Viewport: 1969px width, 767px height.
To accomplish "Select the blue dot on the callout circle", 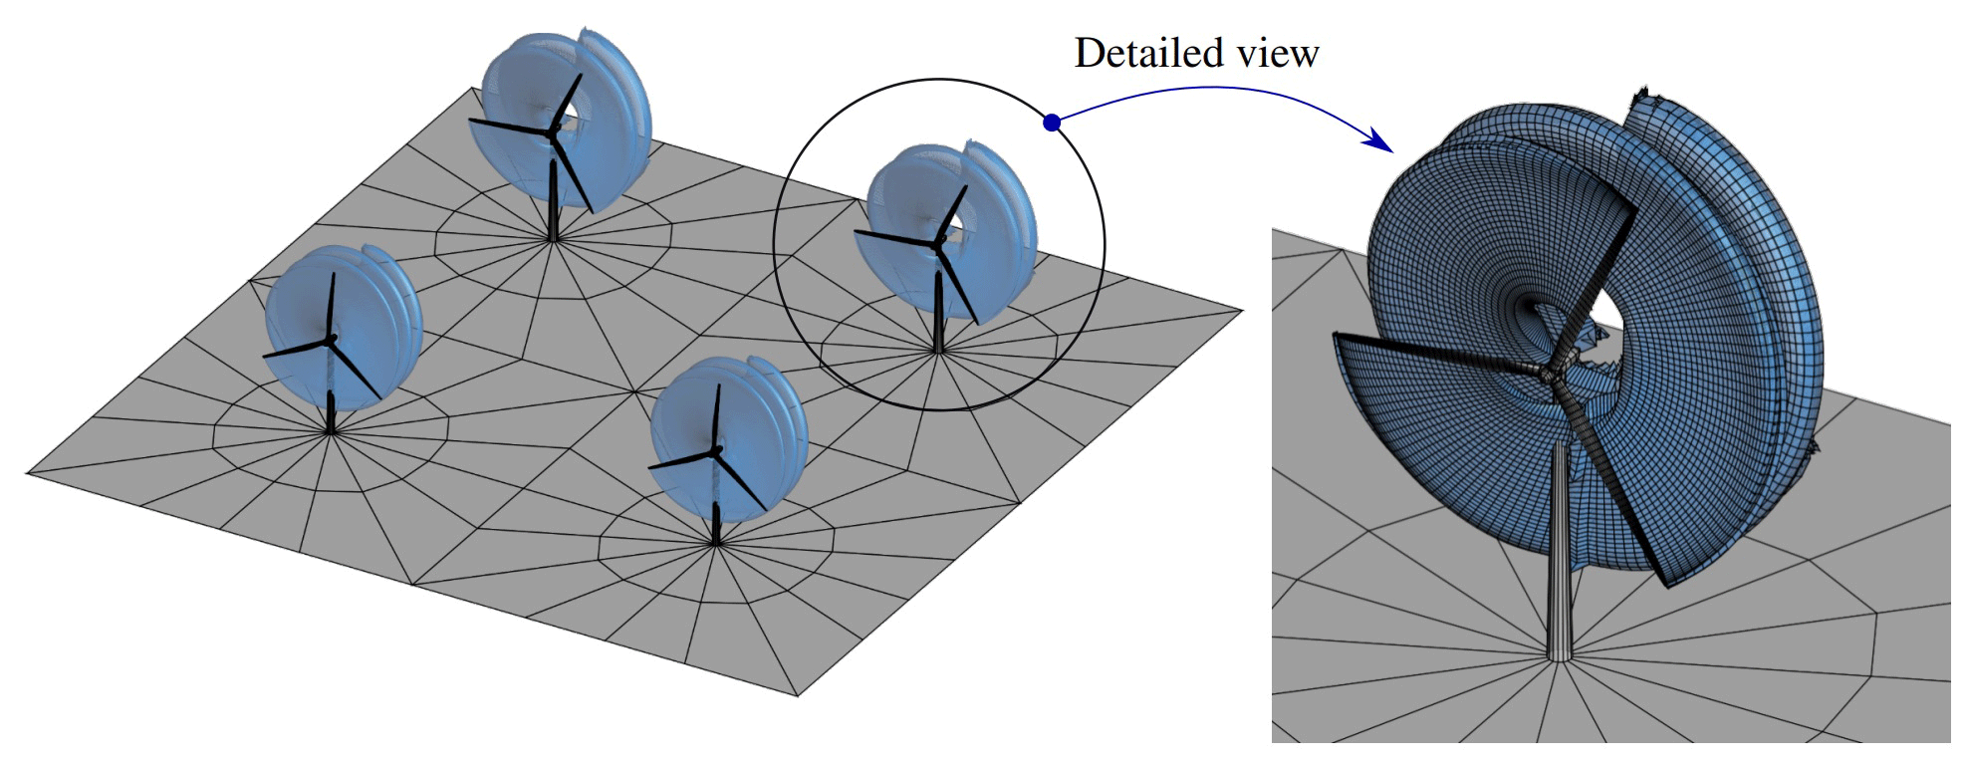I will (x=1052, y=123).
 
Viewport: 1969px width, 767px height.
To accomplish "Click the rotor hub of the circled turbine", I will (x=938, y=240).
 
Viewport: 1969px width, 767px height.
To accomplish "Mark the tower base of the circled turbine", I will (x=938, y=351).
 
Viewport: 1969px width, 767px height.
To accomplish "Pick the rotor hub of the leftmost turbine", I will (x=330, y=340).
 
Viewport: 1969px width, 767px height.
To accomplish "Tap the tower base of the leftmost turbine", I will (x=331, y=430).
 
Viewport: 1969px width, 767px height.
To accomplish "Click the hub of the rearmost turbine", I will (x=553, y=130).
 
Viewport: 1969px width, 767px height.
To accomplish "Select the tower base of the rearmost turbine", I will (x=554, y=239).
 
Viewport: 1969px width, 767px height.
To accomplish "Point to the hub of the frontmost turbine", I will (x=715, y=452).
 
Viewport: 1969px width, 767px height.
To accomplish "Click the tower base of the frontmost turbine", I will (x=716, y=543).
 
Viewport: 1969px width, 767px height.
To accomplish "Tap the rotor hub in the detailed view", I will (x=1547, y=374).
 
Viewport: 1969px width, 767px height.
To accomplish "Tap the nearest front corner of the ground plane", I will (x=797, y=694).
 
